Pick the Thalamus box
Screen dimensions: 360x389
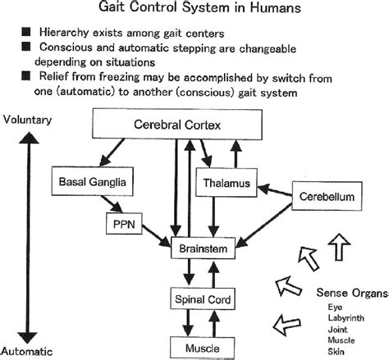[x=223, y=183]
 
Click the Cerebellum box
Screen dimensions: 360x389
[x=327, y=198]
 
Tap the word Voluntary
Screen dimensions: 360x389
[x=26, y=120]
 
